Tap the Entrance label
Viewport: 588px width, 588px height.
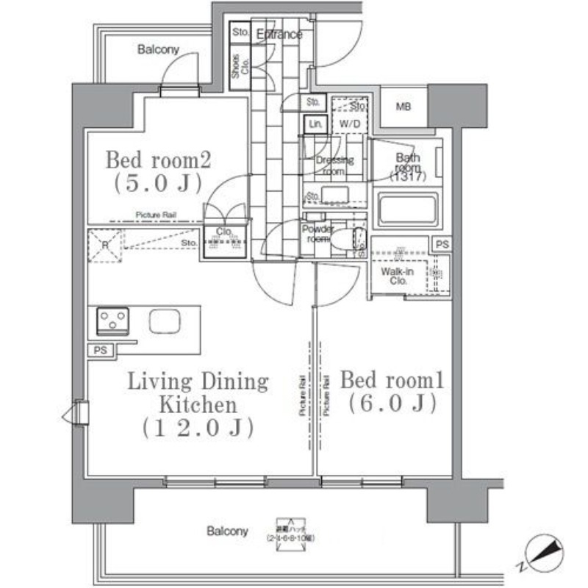279,35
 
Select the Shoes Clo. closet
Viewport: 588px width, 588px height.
240,68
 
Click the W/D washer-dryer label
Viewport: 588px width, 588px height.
345,123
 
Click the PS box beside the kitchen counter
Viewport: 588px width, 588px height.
100,351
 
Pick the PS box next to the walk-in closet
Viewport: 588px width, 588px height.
442,245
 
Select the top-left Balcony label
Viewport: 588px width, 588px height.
158,50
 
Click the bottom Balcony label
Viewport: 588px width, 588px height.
226,531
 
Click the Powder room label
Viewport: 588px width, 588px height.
318,234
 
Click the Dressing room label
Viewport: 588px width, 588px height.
334,165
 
